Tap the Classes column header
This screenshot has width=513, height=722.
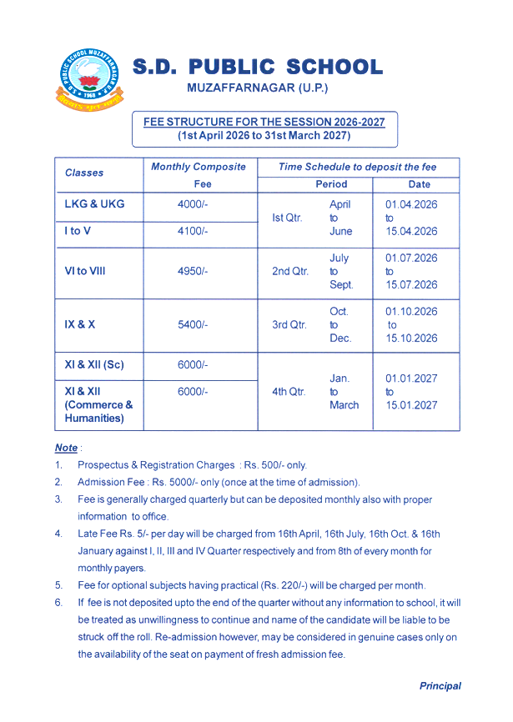(84, 173)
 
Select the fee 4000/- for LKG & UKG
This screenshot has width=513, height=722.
(193, 204)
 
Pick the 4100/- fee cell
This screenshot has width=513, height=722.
(193, 231)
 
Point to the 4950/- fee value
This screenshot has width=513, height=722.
(193, 271)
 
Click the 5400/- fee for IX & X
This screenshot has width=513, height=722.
(193, 324)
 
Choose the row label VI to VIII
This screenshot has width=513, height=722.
(85, 271)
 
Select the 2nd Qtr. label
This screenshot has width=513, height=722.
(290, 271)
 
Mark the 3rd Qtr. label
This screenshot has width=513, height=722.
(290, 324)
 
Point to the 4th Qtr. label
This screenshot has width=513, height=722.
(290, 391)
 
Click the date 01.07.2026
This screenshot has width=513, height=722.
(411, 258)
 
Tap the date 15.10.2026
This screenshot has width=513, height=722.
(411, 338)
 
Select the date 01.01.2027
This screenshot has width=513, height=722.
(411, 379)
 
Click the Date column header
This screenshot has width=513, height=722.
(419, 183)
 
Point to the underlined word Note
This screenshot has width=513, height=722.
(66, 448)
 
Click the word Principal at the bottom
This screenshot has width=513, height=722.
(440, 686)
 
